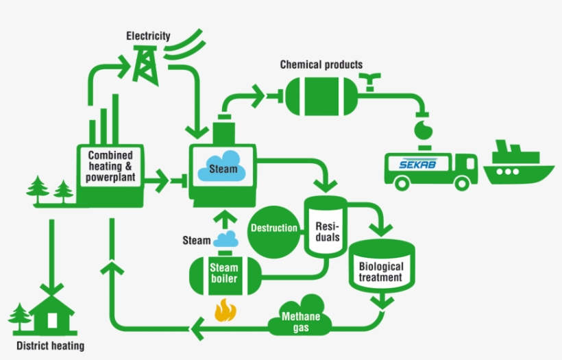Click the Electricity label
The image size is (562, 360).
pyautogui.click(x=148, y=36)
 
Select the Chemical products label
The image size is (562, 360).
pyautogui.click(x=321, y=64)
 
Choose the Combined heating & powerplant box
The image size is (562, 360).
pyautogui.click(x=110, y=167)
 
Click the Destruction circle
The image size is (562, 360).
pyautogui.click(x=273, y=228)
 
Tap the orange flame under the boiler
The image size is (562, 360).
pyautogui.click(x=223, y=310)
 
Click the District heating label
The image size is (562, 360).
pyautogui.click(x=50, y=346)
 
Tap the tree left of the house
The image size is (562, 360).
pyautogui.click(x=20, y=317)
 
